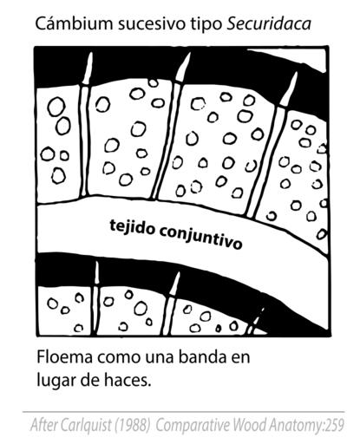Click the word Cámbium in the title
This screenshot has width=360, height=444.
click(x=74, y=23)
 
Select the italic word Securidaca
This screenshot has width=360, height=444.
click(x=269, y=23)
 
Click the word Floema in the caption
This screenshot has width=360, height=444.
click(x=65, y=357)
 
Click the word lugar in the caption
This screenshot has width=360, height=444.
click(x=55, y=382)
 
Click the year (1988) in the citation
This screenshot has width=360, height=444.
click(x=133, y=426)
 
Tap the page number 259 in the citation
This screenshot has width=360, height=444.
click(x=335, y=426)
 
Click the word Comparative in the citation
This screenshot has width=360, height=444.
click(x=193, y=426)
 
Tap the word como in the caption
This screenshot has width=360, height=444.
click(x=119, y=358)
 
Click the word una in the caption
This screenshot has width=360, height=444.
click(x=159, y=358)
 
